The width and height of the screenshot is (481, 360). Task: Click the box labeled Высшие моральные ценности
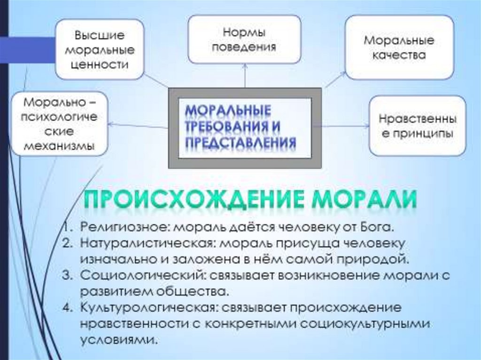point(99,50)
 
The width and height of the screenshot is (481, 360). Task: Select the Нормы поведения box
point(244,39)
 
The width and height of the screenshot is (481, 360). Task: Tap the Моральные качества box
point(399,47)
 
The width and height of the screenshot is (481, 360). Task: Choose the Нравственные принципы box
point(417,126)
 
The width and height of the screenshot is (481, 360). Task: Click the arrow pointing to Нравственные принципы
point(345,126)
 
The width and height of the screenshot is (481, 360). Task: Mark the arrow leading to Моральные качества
point(334,80)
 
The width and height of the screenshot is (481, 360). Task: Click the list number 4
point(66,308)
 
